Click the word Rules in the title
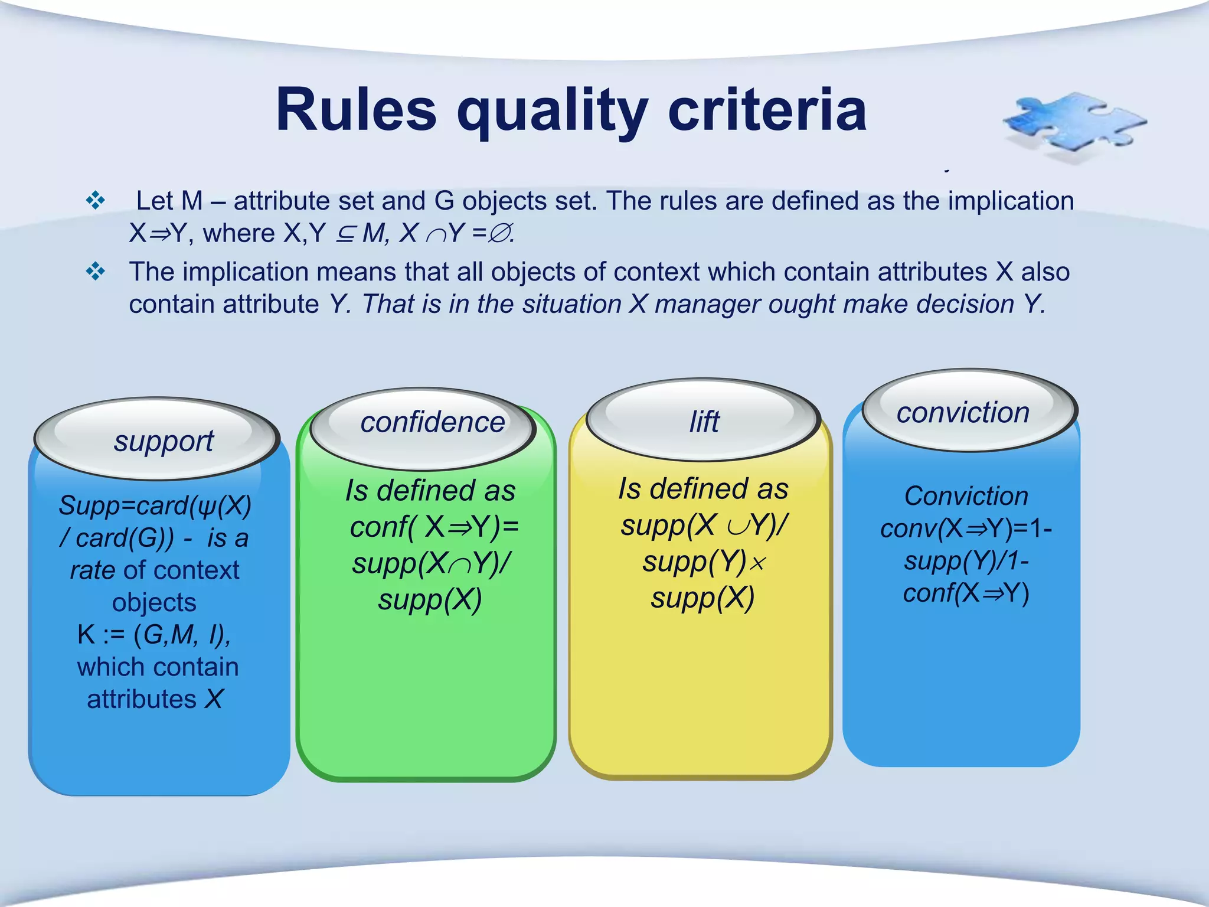(x=356, y=110)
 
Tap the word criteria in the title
(x=767, y=110)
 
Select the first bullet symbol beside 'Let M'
(x=95, y=201)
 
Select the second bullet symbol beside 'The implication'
(x=95, y=272)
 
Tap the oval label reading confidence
(x=432, y=422)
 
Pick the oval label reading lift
(x=704, y=422)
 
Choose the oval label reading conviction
(x=963, y=412)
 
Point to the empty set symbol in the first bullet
(x=499, y=234)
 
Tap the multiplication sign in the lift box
(x=757, y=563)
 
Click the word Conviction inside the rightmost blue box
(x=966, y=496)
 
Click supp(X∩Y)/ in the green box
(x=432, y=563)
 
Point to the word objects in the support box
(x=154, y=602)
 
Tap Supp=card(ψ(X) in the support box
(x=155, y=505)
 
